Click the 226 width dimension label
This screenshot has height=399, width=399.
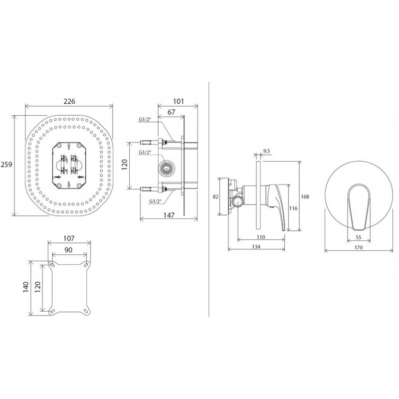(x=69, y=101)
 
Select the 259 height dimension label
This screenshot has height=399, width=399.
(x=6, y=165)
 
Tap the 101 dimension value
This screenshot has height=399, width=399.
(x=179, y=101)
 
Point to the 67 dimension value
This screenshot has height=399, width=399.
(x=172, y=112)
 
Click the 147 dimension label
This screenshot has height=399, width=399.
(x=169, y=215)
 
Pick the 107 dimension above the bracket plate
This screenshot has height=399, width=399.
(x=69, y=238)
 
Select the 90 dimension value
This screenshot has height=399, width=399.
(x=68, y=250)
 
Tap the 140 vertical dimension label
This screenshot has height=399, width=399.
(x=26, y=287)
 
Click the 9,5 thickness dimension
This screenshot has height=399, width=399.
(x=266, y=152)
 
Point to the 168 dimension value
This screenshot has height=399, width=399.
(x=305, y=197)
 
